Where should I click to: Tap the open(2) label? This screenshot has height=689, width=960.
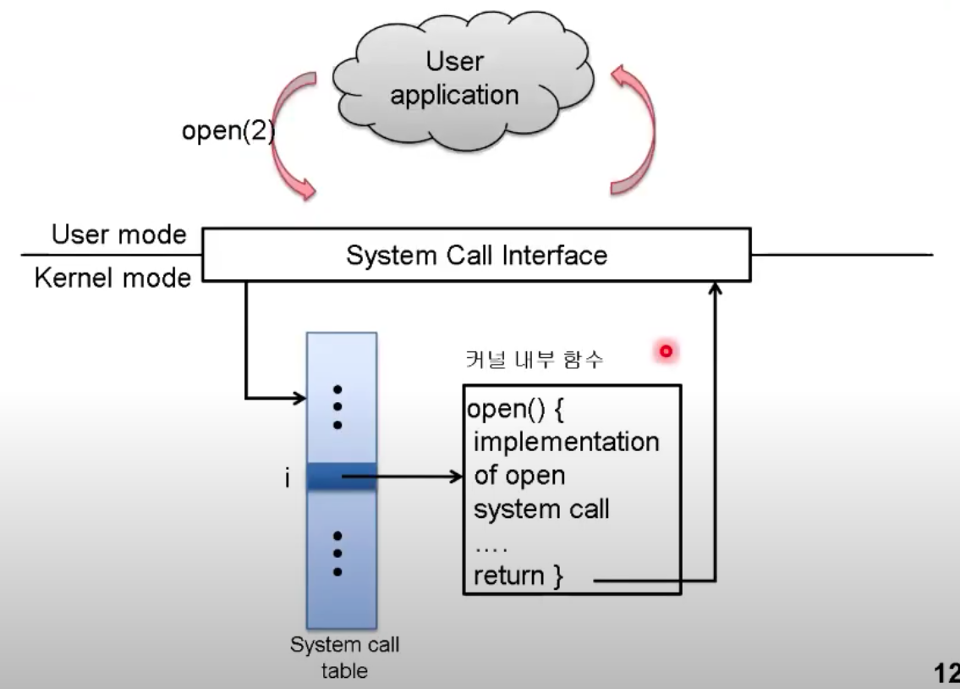(228, 133)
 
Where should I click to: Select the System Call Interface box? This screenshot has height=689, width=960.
(476, 255)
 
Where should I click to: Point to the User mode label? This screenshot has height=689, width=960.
(118, 234)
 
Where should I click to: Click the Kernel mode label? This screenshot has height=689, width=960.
(112, 278)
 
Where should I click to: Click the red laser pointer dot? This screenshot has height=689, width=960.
(667, 350)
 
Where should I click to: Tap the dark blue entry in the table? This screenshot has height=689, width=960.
(341, 477)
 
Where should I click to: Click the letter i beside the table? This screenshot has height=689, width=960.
(288, 480)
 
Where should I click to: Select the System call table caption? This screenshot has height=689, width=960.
(344, 658)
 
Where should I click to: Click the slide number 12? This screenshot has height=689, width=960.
(946, 674)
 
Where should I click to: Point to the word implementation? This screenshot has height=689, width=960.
(566, 441)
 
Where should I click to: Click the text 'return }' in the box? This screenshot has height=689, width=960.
(517, 576)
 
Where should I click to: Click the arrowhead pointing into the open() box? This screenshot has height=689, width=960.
(458, 477)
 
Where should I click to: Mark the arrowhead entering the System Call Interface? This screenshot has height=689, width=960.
(716, 289)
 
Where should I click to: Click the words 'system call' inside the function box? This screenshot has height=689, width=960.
(541, 510)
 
